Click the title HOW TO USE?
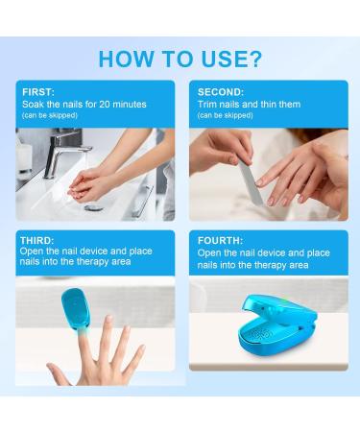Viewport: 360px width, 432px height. tap(180, 59)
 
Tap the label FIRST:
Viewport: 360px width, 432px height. tap(38, 92)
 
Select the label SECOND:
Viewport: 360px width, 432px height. tap(221, 92)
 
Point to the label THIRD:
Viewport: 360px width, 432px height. tap(37, 240)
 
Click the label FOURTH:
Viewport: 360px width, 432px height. tap(220, 240)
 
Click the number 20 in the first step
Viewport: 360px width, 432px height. tap(105, 104)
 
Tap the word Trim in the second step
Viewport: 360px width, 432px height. tap(205, 104)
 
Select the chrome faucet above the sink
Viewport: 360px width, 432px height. tap(63, 154)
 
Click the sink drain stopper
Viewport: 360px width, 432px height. tap(94, 208)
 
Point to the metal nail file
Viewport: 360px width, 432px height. tap(251, 181)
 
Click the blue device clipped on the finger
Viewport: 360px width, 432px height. tap(76, 308)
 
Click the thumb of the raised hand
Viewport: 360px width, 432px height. tap(59, 373)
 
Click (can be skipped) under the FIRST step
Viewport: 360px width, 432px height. tap(50, 115)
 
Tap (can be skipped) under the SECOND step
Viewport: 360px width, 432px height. tap(226, 115)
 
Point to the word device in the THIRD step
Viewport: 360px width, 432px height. tap(93, 251)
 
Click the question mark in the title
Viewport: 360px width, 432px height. tap(254, 59)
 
